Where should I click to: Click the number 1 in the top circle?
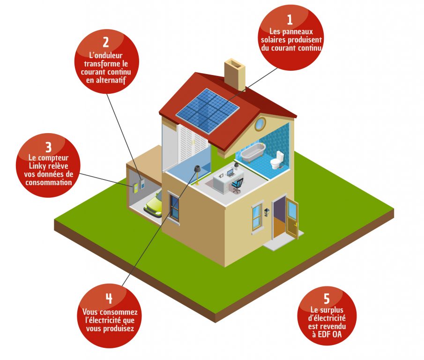pyautogui.click(x=290, y=19)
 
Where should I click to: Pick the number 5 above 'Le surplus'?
pyautogui.click(x=327, y=299)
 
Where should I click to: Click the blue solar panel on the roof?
pyautogui.click(x=208, y=108)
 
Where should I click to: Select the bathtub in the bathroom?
pyautogui.click(x=253, y=151)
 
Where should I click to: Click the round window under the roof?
pyautogui.click(x=260, y=124)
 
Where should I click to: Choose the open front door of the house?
pyautogui.click(x=293, y=218)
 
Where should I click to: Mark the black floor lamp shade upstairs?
pyautogui.click(x=198, y=168)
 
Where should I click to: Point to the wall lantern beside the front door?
pyautogui.click(x=267, y=212)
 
